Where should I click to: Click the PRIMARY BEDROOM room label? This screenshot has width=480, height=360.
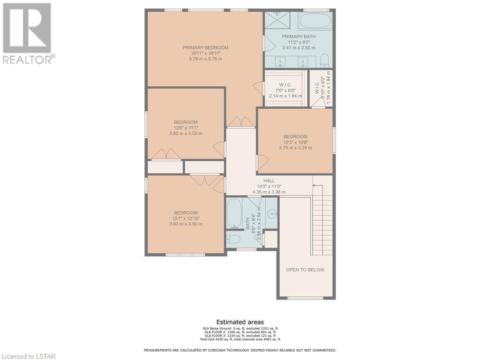(205, 47)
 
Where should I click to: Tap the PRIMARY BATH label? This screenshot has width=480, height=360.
(299, 37)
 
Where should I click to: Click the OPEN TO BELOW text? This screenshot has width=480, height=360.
(305, 270)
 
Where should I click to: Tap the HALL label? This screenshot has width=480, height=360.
(269, 180)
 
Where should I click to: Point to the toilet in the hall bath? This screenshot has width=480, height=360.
(233, 239)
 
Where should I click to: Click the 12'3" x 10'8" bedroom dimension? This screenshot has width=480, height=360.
(295, 142)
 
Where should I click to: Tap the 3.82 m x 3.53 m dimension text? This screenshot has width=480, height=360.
(186, 134)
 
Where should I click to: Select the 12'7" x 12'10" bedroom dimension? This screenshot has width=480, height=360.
(186, 218)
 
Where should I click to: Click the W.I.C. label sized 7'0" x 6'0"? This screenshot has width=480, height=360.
(285, 85)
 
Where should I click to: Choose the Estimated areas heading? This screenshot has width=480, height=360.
(240, 322)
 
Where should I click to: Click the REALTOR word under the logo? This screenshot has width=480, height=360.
(27, 60)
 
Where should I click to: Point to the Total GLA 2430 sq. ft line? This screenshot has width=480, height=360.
(240, 339)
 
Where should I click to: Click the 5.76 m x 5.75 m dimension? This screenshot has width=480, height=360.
(205, 59)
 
